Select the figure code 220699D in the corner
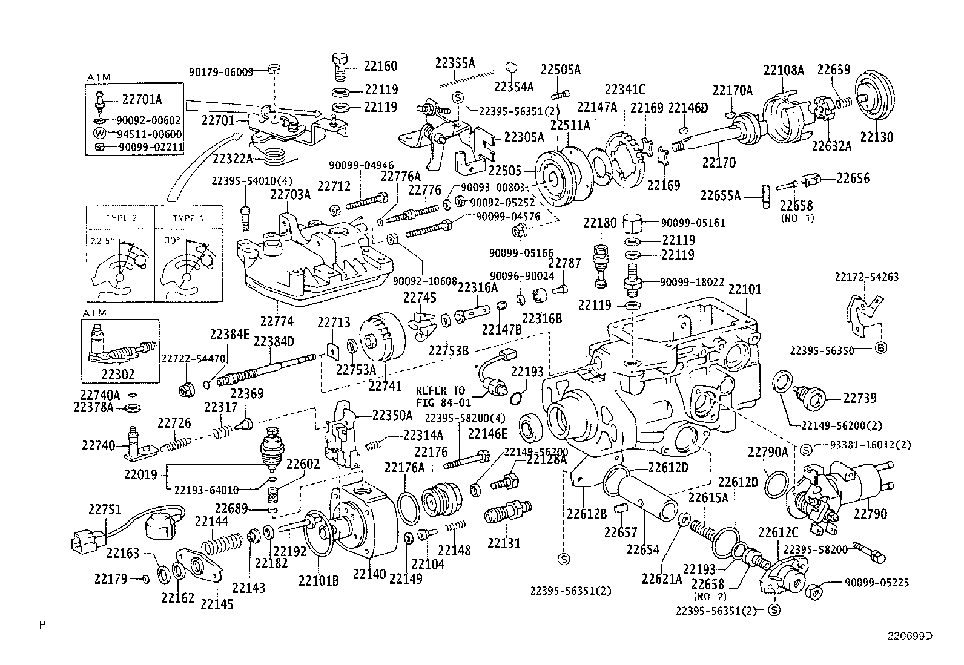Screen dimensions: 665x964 click(910, 636)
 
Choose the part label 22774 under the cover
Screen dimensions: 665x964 click(277, 321)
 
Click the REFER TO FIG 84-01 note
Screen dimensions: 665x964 click(440, 396)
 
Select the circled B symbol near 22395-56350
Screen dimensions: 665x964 click(882, 348)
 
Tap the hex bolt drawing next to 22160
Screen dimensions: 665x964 click(339, 65)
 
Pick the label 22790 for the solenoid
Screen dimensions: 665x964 click(870, 514)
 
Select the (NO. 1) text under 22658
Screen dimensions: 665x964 click(797, 218)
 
